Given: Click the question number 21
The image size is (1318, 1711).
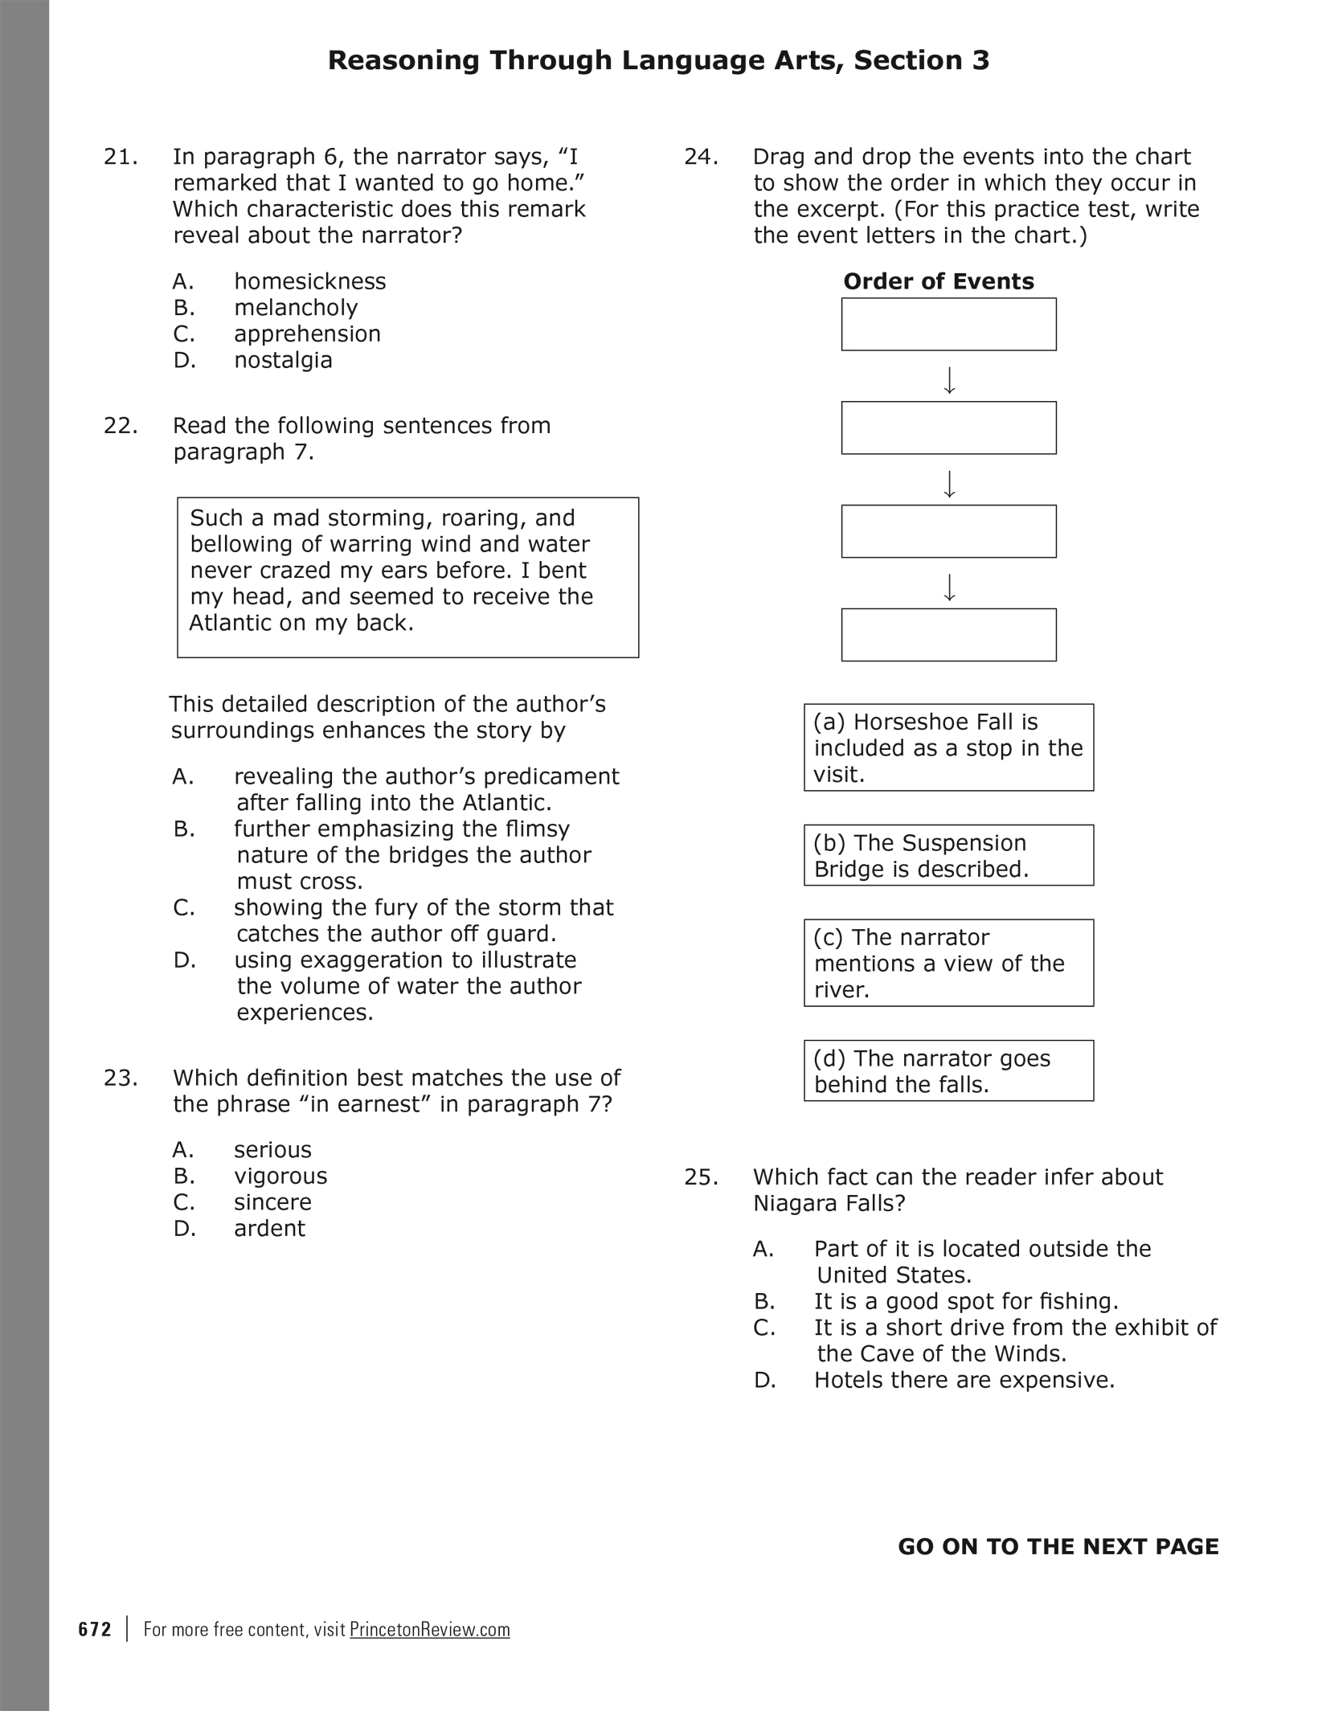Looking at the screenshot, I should point(121,157).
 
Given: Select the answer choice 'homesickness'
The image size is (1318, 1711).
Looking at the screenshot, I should point(309,281).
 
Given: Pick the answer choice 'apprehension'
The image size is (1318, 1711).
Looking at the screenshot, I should point(307,334).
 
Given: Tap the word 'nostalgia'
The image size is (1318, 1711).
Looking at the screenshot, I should point(283,360).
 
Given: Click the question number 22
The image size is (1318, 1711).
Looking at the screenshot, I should point(121,425).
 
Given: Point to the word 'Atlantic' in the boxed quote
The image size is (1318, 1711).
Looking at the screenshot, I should point(230,623).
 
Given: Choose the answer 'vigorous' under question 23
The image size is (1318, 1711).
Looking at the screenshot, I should point(280,1176).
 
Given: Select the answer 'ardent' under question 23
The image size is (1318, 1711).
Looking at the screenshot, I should point(269,1228).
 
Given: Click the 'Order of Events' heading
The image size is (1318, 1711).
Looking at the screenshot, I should point(938,281).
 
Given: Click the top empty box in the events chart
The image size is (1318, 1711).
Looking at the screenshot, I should point(948,325).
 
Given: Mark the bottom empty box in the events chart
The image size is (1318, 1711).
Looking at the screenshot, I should point(948,635).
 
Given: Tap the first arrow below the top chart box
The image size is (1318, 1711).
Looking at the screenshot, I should point(949,380).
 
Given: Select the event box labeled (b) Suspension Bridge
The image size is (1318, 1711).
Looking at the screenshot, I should point(948,855).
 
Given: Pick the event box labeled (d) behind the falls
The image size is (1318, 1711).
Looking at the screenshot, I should point(948,1070).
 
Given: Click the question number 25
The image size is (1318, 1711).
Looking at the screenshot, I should point(701,1177).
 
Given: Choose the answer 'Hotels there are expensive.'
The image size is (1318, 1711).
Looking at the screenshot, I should point(964,1380).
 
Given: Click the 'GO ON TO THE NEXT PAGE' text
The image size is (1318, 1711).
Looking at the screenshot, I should point(1058,1547).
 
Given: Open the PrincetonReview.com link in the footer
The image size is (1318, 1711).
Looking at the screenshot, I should point(430,1629).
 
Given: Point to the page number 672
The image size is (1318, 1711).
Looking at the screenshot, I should point(95,1629).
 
